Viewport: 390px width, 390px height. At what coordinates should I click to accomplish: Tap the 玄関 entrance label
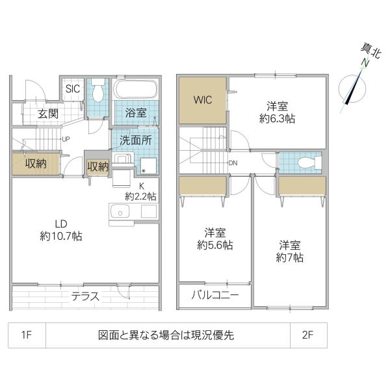pos(47,114)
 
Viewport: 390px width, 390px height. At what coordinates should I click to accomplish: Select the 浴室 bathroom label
pos(135,112)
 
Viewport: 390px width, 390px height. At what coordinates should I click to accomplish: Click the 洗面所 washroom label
pos(135,138)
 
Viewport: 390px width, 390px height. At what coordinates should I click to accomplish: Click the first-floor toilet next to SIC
pos(99,92)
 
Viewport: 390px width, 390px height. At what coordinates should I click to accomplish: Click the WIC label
pos(202,101)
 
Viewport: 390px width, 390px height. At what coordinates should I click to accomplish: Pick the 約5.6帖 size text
pos(215,246)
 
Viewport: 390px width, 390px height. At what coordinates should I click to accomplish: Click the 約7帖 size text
pos(290,257)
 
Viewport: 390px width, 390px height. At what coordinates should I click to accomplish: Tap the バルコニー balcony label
pos(215,296)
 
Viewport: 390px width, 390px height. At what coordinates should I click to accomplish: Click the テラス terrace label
pos(85,296)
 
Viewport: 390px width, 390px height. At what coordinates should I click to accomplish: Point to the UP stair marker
pos(66,139)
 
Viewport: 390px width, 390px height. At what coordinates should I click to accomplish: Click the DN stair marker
pos(232,163)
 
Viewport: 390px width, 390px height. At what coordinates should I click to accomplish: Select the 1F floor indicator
pos(27,335)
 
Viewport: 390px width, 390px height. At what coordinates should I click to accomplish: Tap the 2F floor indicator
pos(308,335)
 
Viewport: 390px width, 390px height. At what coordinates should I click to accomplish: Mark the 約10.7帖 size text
pos(60,237)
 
